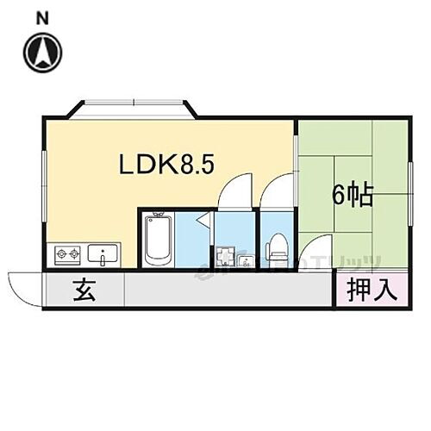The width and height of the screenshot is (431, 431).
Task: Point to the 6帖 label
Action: (x=353, y=196)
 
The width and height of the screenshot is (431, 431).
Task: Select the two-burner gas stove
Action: (x=67, y=254)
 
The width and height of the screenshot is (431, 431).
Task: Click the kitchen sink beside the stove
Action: (x=104, y=254)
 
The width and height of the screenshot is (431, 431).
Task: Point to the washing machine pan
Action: (x=226, y=255)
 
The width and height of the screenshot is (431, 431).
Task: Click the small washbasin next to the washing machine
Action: (x=246, y=259)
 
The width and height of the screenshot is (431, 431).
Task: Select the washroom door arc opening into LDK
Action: (x=234, y=191)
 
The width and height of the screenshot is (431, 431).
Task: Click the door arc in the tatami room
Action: (x=316, y=257)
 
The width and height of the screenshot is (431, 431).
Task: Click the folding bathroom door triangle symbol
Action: (x=201, y=222)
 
